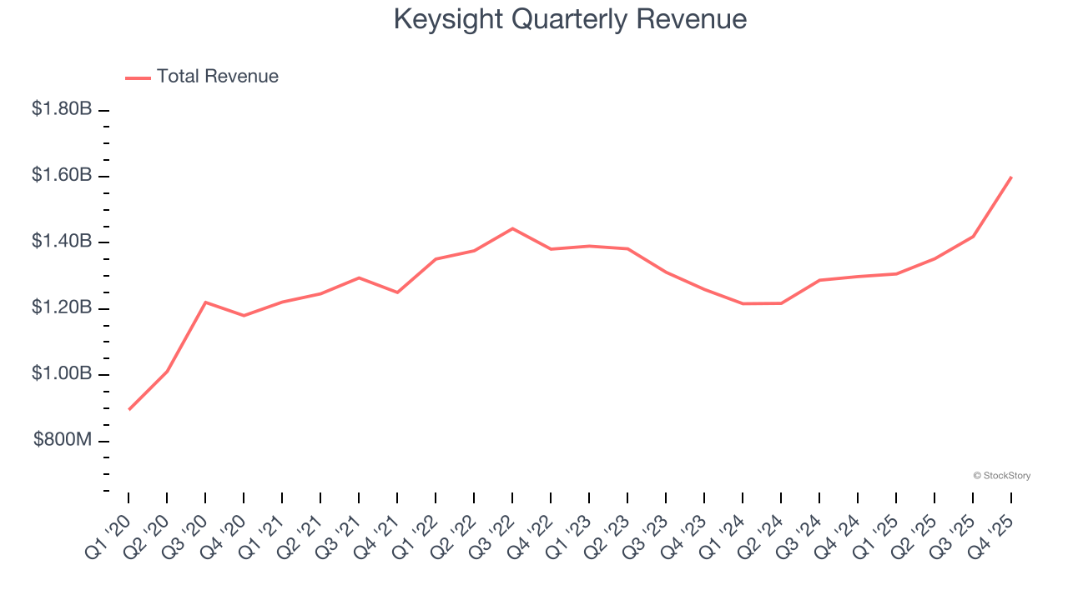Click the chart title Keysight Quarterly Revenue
tap(570, 19)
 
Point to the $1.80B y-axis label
tap(62, 109)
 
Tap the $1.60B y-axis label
tap(62, 175)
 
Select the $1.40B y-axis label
tap(62, 242)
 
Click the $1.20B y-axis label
tap(62, 307)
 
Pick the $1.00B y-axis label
tap(62, 373)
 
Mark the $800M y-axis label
tap(63, 440)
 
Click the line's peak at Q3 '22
tap(512, 228)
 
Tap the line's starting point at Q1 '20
tap(129, 409)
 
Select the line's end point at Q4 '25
tap(1011, 177)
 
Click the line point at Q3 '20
tap(205, 302)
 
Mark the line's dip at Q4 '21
tap(397, 292)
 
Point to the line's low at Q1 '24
tap(743, 303)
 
